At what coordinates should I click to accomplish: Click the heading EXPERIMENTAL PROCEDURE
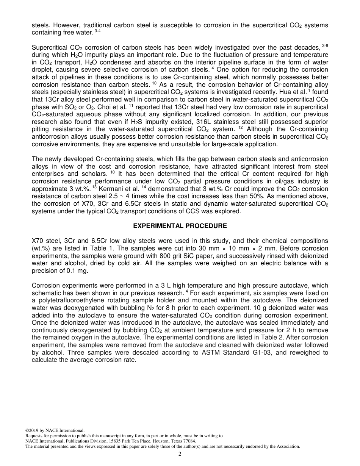coord(180,226)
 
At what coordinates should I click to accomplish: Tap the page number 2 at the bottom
coord(180,454)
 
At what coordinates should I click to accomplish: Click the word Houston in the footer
coord(150,441)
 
